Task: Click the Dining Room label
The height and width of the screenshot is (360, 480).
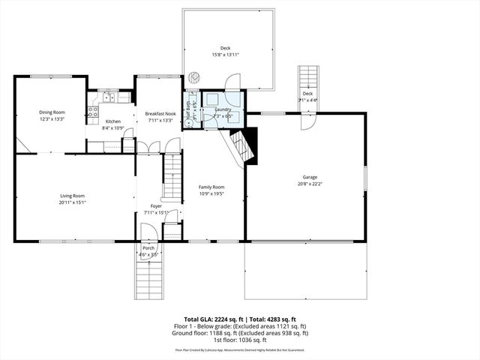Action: click(52, 112)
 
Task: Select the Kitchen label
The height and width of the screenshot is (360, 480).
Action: click(112, 121)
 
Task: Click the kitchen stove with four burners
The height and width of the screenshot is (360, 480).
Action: click(94, 112)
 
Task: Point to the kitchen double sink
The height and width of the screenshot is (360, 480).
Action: click(109, 97)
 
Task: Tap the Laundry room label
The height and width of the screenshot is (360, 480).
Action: click(223, 109)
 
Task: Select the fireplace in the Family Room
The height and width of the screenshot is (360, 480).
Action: click(244, 145)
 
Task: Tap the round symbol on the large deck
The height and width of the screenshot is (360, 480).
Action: click(193, 76)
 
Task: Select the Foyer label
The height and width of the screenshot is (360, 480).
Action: click(156, 205)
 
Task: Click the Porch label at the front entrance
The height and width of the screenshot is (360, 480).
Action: click(148, 248)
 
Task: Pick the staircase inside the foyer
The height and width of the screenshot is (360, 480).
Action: click(173, 177)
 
